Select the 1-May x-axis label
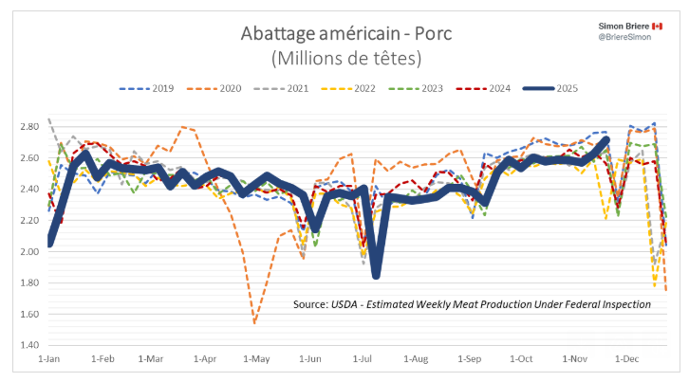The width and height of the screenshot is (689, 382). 256,360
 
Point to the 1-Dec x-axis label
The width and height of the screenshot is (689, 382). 627,360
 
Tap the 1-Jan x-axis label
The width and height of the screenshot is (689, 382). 50,360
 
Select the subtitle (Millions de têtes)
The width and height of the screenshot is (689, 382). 345,59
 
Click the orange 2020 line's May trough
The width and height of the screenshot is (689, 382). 254,322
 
